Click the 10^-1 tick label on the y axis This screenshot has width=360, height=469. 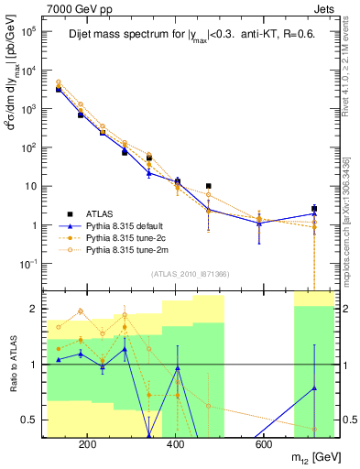28,264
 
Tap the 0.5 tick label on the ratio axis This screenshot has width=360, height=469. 30,420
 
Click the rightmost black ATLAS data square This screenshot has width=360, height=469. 314,209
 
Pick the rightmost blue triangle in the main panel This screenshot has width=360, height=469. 314,213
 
